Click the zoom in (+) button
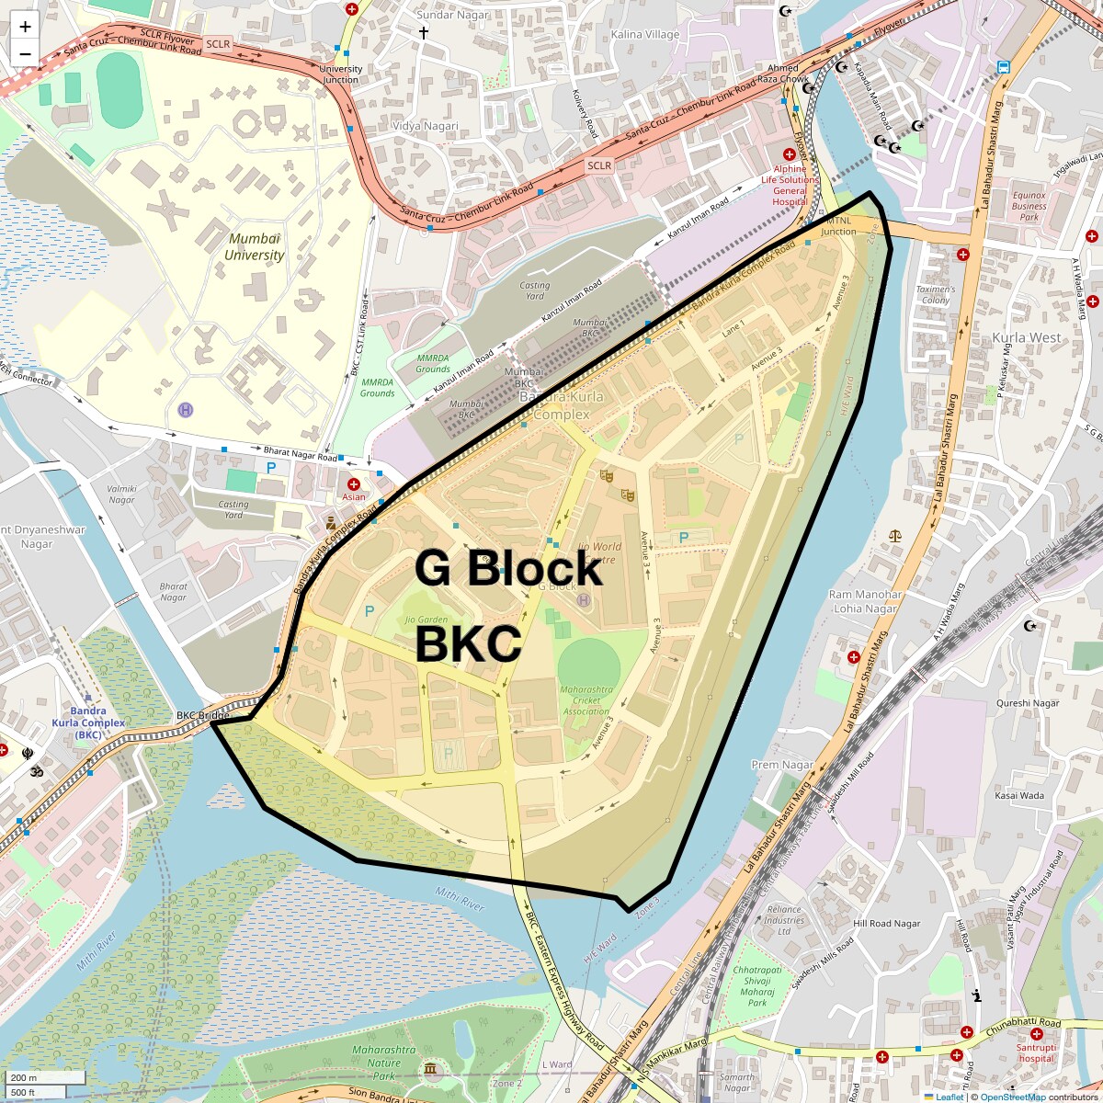tap(25, 27)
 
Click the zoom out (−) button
tap(25, 53)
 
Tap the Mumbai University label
tap(256, 247)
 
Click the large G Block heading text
tap(508, 568)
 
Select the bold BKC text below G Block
tap(468, 644)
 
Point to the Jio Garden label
tap(426, 620)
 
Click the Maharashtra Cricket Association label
tap(586, 700)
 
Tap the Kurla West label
tap(1026, 338)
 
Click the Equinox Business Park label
tap(1029, 206)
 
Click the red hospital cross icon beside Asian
tap(354, 483)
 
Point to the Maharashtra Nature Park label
tap(383, 1063)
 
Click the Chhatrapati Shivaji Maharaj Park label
tap(757, 986)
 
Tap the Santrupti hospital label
tap(1036, 1053)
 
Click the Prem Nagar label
tap(782, 765)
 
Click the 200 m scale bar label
tap(26, 1077)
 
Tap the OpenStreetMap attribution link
tap(1012, 1097)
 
